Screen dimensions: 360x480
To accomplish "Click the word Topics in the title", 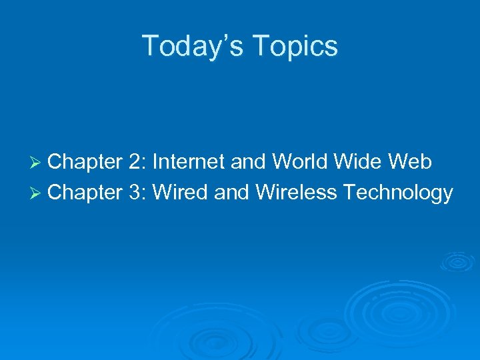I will click(x=301, y=46).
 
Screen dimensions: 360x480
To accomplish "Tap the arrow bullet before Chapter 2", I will click(x=37, y=162).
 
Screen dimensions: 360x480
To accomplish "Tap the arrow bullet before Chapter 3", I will click(x=37, y=193).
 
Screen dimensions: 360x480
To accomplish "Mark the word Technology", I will click(x=398, y=193).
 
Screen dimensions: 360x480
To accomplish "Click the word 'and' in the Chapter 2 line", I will click(x=246, y=162).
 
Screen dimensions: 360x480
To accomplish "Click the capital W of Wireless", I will click(x=266, y=193).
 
